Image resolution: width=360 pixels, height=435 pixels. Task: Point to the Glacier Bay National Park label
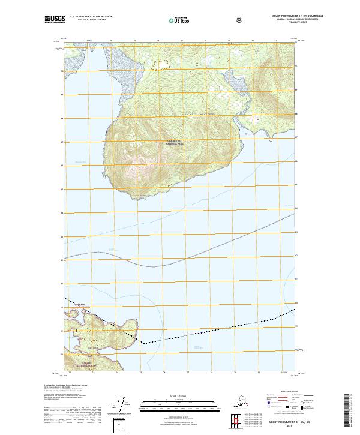point(174,143)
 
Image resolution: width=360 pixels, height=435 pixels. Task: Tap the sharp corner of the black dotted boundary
point(143,343)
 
